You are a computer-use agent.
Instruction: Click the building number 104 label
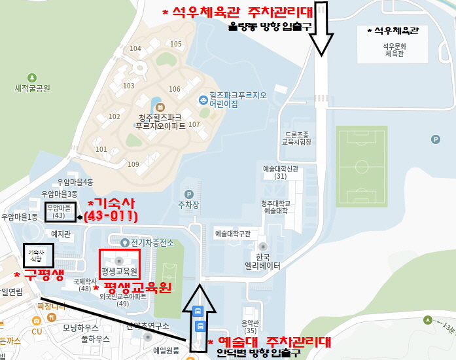[135, 48]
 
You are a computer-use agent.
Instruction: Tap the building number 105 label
[175, 44]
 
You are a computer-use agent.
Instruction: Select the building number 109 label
[133, 164]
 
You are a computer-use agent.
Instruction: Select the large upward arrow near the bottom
[199, 311]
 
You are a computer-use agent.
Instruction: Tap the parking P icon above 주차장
[189, 194]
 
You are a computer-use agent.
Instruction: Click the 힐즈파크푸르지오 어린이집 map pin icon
[203, 99]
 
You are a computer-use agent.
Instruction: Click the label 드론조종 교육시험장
[296, 137]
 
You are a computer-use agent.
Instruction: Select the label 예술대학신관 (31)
[281, 172]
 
